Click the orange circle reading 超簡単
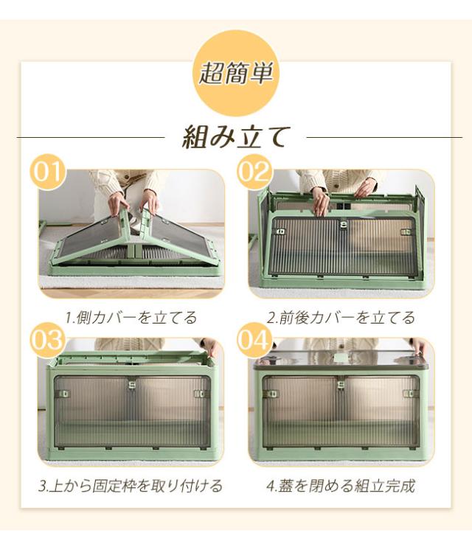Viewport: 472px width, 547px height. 236,73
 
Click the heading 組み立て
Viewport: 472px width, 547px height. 236,137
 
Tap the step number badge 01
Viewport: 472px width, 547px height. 49,173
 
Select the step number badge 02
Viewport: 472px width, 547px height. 255,173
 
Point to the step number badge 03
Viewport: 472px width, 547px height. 47,340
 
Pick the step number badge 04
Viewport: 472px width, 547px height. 255,340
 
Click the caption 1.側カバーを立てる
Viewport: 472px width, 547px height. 131,318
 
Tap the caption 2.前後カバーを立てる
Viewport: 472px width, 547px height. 341,318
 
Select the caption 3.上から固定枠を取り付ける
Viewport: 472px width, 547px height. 131,485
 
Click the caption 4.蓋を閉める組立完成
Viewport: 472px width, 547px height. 341,485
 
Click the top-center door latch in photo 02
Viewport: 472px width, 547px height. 344,224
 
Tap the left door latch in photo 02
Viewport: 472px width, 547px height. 280,231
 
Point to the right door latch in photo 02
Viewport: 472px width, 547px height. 406,232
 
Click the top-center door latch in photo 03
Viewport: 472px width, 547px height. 132,384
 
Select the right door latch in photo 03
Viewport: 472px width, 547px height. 199,394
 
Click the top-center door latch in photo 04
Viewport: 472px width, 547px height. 341,384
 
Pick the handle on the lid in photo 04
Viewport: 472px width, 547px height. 341,358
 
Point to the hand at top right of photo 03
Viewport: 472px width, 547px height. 212,347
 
